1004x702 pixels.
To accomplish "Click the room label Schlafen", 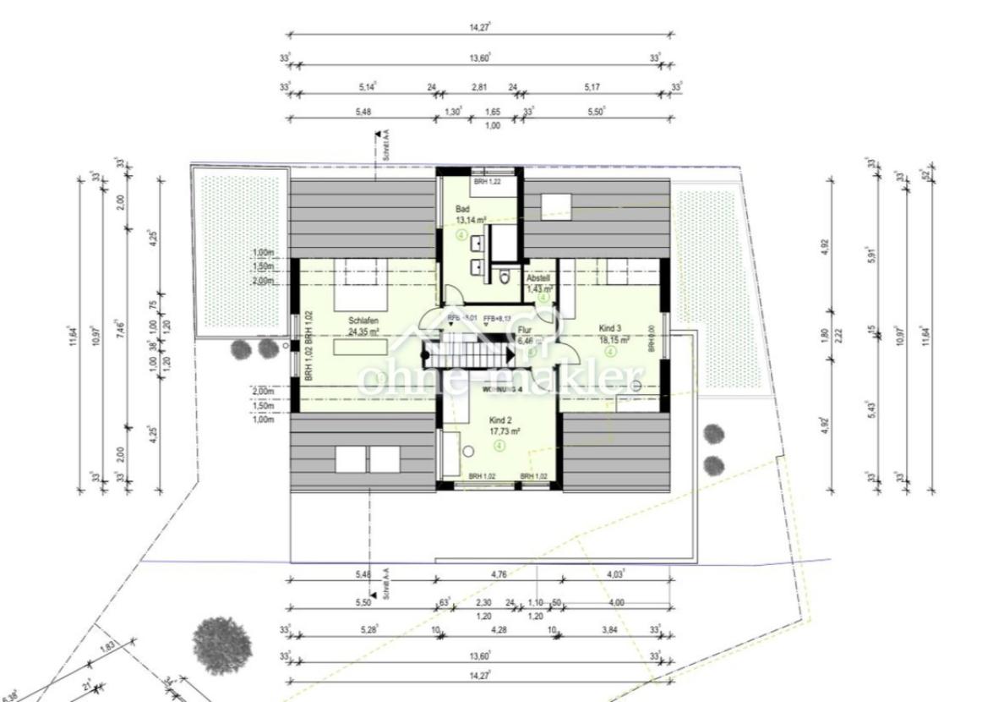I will pyautogui.click(x=361, y=321).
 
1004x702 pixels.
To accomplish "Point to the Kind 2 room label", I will pyautogui.click(x=501, y=420).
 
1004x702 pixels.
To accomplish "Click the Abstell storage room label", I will pyautogui.click(x=538, y=278).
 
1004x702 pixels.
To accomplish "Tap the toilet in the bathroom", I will pyautogui.click(x=505, y=276).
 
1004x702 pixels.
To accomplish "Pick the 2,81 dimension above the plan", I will pyautogui.click(x=480, y=86).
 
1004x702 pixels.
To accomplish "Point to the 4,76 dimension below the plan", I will pyautogui.click(x=500, y=574).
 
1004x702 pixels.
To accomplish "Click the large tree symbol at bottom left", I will pyautogui.click(x=222, y=646).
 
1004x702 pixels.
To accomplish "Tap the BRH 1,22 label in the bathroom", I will pyautogui.click(x=488, y=182).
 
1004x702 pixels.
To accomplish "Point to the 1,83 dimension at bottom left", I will pyautogui.click(x=108, y=647).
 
